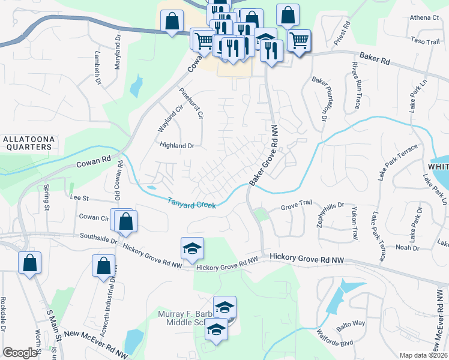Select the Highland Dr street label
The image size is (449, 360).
point(177,145)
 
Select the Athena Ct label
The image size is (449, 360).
point(424,17)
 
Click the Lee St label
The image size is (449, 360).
point(79,197)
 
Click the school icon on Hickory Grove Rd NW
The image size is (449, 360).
point(192,248)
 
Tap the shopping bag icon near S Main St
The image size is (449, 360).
point(30,262)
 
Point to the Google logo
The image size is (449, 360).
point(20,353)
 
